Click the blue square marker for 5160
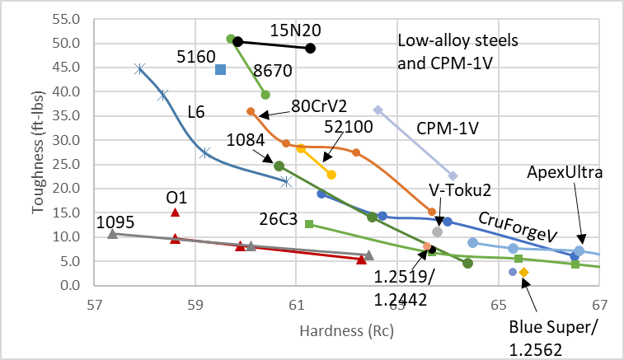click(220, 69)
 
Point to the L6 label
click(195, 111)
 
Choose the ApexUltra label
click(566, 173)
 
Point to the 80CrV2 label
click(317, 106)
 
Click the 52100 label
click(349, 127)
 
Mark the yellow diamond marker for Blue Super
click(523, 272)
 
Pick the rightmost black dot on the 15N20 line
click(310, 49)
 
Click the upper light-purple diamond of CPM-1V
click(378, 110)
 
